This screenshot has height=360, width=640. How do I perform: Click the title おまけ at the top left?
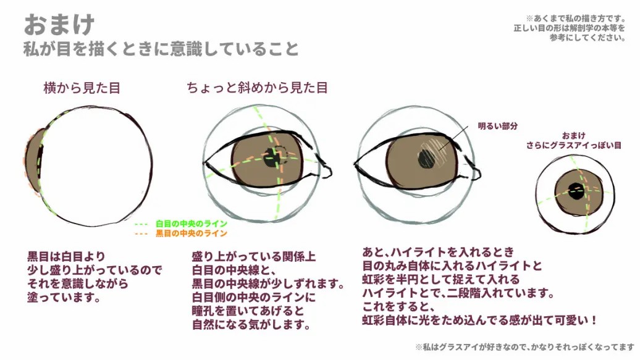pyautogui.click(x=59, y=25)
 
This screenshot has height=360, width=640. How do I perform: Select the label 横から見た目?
pyautogui.click(x=82, y=88)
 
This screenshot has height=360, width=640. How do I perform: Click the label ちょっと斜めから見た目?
pyautogui.click(x=257, y=88)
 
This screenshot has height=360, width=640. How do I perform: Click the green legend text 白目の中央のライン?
pyautogui.click(x=192, y=224)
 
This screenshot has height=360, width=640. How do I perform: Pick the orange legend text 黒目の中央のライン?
pyautogui.click(x=192, y=233)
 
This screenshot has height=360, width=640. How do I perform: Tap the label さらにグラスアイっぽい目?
pyautogui.click(x=574, y=145)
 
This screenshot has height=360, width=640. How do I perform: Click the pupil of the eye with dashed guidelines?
pyautogui.click(x=271, y=159)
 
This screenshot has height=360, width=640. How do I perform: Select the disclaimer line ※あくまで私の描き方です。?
pyautogui.click(x=576, y=19)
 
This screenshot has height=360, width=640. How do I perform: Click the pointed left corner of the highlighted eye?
pyautogui.click(x=355, y=162)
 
